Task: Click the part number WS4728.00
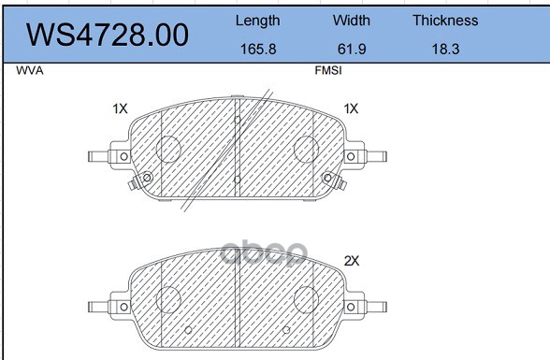108,35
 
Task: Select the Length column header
258,21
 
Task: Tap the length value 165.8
258,49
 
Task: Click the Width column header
352,21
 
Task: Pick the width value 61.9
352,49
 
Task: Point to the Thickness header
445,21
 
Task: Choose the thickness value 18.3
445,49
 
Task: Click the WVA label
30,71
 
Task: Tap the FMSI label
328,71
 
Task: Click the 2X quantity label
352,261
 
